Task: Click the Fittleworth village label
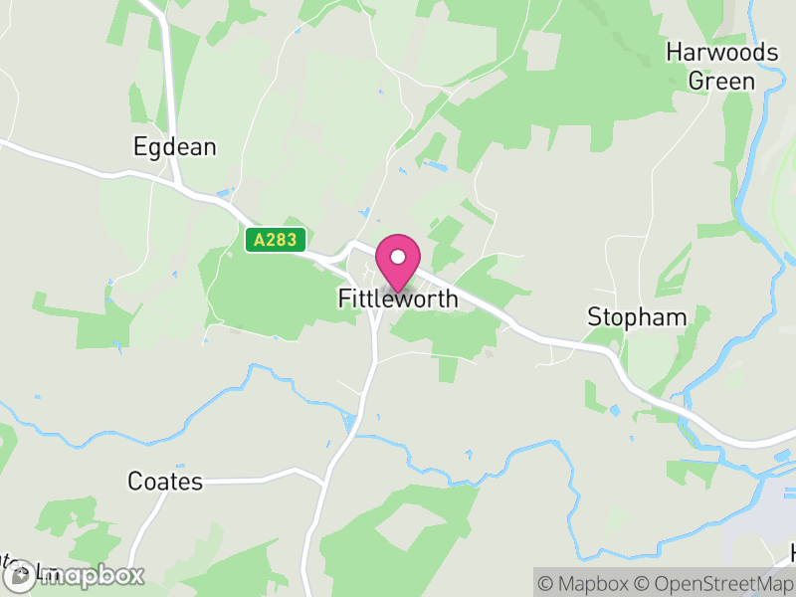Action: (x=398, y=298)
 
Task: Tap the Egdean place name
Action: (x=174, y=147)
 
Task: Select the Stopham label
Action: (x=637, y=317)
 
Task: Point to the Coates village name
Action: (x=165, y=482)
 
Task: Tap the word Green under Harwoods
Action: (x=722, y=81)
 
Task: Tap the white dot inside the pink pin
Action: (x=398, y=257)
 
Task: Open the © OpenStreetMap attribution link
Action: (x=717, y=582)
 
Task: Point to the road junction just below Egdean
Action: (x=178, y=185)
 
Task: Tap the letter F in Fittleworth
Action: (x=344, y=298)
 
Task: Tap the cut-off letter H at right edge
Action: (x=792, y=552)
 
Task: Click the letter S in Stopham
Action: (x=594, y=317)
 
